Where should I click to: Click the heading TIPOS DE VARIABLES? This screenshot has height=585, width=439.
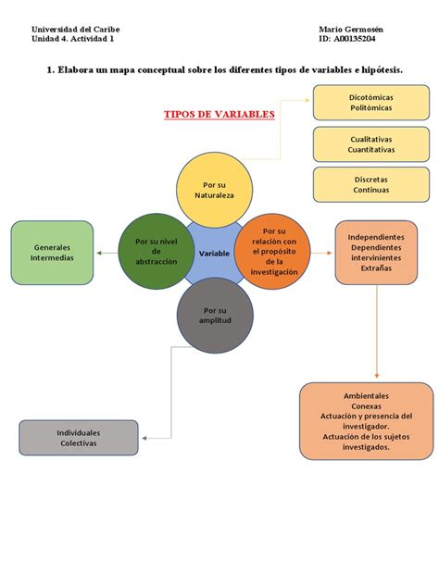click(x=219, y=114)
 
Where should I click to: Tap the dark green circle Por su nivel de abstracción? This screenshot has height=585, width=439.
click(x=156, y=251)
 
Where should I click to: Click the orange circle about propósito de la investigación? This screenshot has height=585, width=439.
click(x=273, y=252)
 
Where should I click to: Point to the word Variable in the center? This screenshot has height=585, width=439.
click(x=214, y=253)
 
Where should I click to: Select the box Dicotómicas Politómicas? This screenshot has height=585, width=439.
click(x=370, y=102)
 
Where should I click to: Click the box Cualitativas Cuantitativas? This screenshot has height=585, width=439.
click(x=370, y=143)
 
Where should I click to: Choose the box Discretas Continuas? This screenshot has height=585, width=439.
click(x=370, y=184)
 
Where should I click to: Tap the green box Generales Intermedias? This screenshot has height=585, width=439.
click(x=52, y=252)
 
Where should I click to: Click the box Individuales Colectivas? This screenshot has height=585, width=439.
click(x=79, y=438)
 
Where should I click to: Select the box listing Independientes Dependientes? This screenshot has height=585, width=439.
click(x=375, y=252)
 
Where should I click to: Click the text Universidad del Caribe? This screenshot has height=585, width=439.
click(x=75, y=30)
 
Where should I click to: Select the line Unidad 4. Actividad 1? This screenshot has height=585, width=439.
click(x=73, y=40)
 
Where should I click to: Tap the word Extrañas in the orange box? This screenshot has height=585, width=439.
click(x=376, y=268)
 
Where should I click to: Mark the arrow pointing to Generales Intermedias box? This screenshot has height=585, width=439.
click(x=107, y=252)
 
